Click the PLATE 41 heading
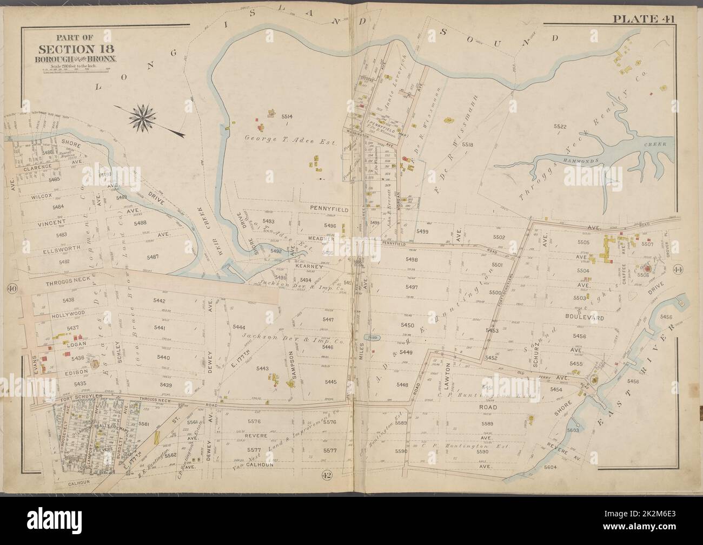[x=646, y=19]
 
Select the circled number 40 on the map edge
[x=10, y=288]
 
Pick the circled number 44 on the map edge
[x=678, y=270]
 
